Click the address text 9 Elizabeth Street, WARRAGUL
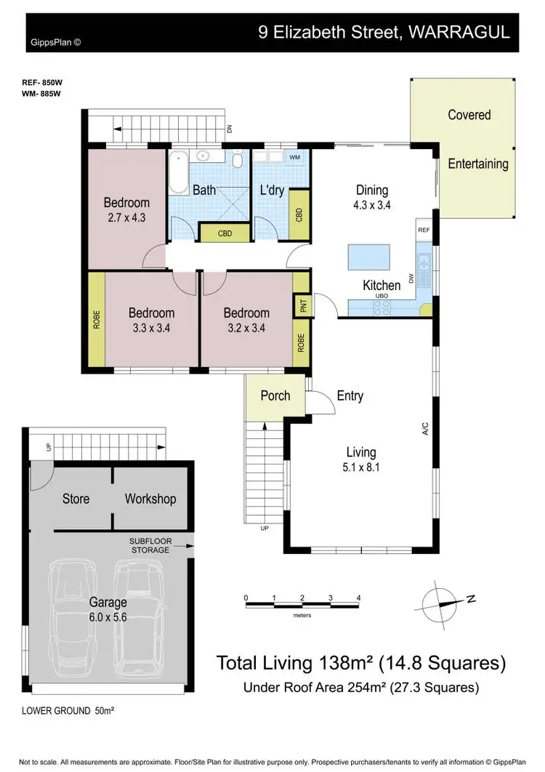[x=384, y=33]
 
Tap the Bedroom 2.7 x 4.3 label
[x=126, y=209]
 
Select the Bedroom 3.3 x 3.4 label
[x=151, y=320]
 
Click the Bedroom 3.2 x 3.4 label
[x=246, y=320]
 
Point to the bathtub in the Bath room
[x=178, y=172]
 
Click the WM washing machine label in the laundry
[x=295, y=157]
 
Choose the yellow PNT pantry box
[x=301, y=305]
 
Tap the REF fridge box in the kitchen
[x=424, y=230]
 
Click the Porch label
[x=275, y=396]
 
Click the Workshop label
[x=150, y=499]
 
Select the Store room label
[x=76, y=499]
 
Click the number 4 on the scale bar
[x=358, y=598]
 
